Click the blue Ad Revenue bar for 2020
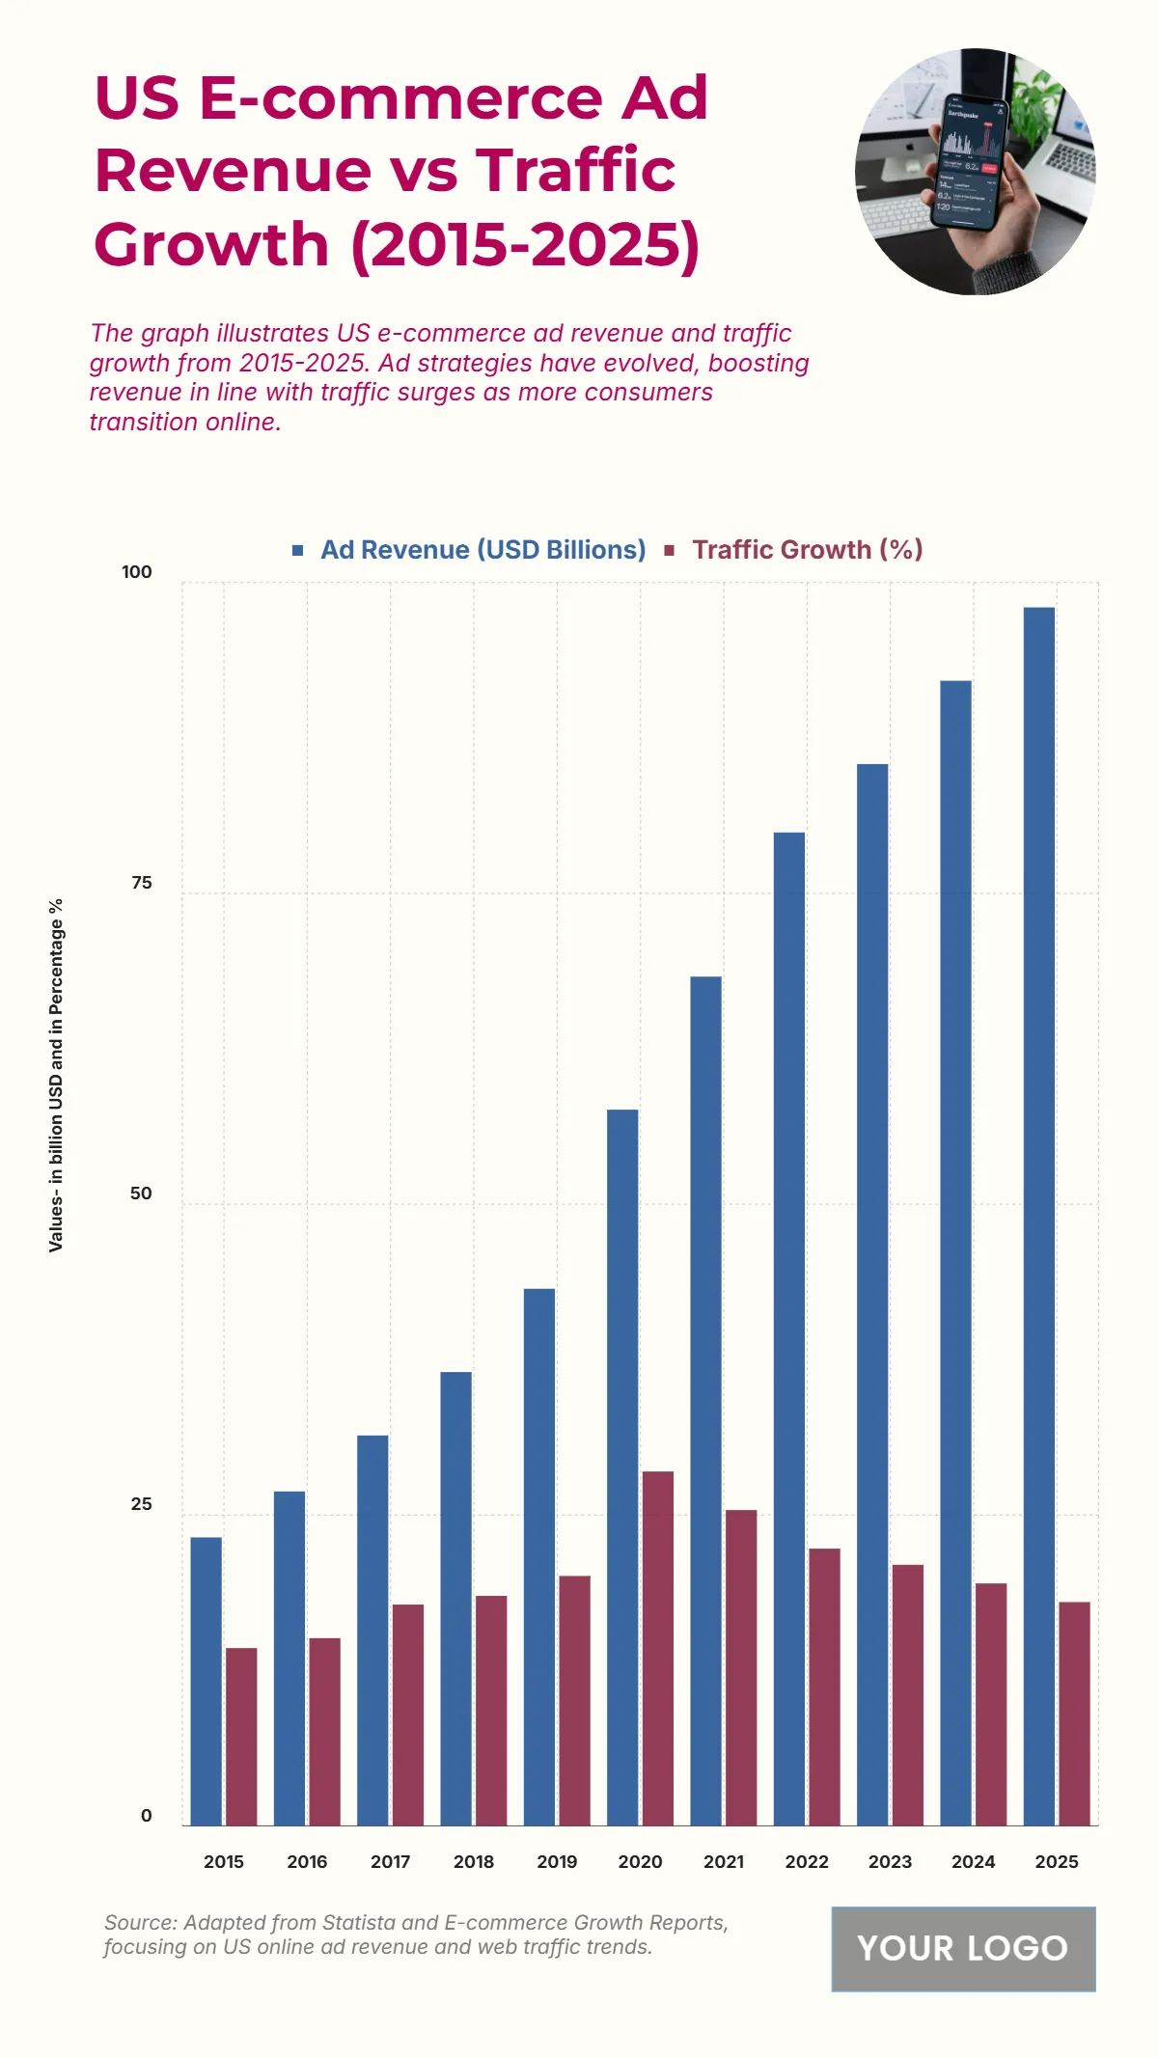coord(622,1467)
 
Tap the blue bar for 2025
coord(1039,1216)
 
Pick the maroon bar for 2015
coord(241,1737)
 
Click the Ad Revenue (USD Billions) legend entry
coord(482,550)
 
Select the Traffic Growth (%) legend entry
coord(807,550)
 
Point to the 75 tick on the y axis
coord(142,883)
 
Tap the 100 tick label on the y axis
coord(137,572)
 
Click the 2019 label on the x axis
coord(557,1862)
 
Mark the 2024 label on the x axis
coord(973,1862)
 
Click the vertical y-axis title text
coord(56,1076)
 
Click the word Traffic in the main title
coord(575,171)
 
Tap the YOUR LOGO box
coord(963,1948)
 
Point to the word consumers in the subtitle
coord(648,393)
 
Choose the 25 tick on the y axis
coord(142,1504)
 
